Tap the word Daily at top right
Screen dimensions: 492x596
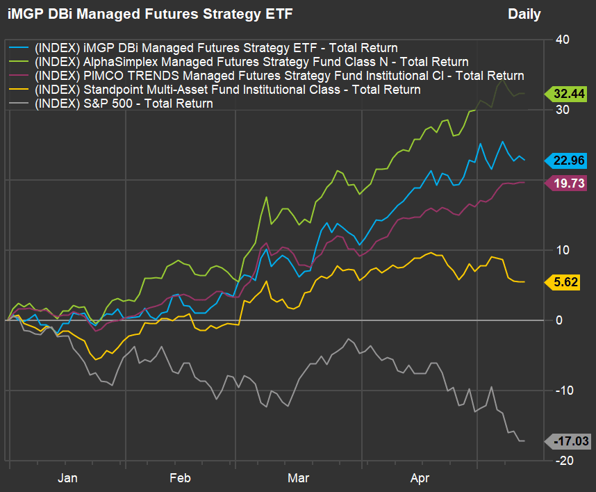coord(524,14)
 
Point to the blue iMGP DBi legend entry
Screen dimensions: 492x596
coord(205,48)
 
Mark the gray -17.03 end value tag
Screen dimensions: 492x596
coord(569,441)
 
